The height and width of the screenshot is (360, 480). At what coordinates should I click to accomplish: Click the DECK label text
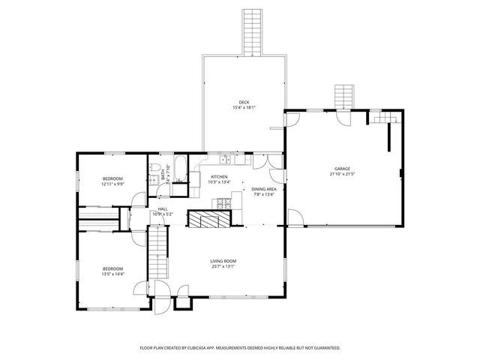click(244, 102)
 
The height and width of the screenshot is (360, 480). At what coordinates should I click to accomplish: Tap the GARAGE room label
click(342, 169)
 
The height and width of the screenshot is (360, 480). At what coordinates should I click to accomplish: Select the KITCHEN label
click(219, 176)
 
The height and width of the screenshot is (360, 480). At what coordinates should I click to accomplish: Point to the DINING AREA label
click(264, 189)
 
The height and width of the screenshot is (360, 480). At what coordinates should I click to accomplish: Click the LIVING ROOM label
click(224, 261)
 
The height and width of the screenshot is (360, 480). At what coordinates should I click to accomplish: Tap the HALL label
click(162, 209)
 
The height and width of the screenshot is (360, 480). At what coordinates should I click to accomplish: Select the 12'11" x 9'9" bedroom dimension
click(112, 184)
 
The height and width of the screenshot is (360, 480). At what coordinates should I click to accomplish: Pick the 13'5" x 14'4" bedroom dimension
click(112, 274)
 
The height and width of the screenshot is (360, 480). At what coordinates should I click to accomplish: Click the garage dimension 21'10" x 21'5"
click(342, 174)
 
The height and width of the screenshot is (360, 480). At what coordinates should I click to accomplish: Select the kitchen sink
click(224, 159)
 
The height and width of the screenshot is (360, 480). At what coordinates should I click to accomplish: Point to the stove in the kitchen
click(223, 202)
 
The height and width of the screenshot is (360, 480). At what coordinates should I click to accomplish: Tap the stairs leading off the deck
click(252, 31)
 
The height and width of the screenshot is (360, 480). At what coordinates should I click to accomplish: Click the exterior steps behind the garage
click(343, 97)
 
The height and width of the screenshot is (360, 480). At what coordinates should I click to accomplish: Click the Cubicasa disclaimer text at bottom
click(240, 348)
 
